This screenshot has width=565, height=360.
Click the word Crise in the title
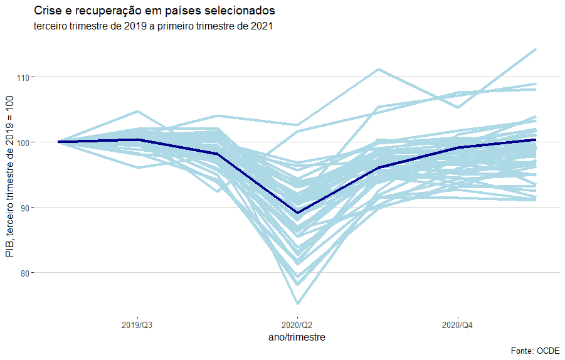click(x=48, y=11)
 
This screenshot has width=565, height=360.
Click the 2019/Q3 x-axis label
click(x=137, y=326)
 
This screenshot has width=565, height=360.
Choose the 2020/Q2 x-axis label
click(x=297, y=326)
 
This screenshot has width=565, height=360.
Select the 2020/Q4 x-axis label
click(x=458, y=326)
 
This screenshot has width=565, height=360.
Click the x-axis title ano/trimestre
click(x=297, y=337)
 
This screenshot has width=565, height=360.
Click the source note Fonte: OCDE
click(x=536, y=351)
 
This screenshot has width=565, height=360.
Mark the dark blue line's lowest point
click(x=297, y=213)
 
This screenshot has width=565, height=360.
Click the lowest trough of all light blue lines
click(x=297, y=304)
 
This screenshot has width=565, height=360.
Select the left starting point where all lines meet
click(x=58, y=142)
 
